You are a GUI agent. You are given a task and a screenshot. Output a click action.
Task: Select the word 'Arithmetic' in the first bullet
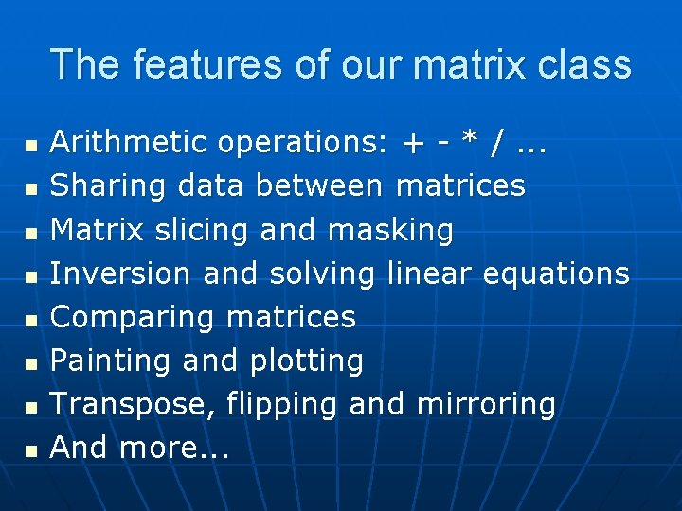click(128, 143)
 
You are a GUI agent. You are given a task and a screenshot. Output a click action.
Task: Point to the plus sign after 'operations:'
click(412, 144)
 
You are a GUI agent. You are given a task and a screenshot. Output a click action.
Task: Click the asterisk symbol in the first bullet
click(468, 142)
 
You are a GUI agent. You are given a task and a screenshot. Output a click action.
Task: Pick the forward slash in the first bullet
click(496, 144)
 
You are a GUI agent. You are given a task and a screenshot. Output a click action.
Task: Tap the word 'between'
click(319, 186)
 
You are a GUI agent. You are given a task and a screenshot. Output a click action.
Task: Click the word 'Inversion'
click(121, 273)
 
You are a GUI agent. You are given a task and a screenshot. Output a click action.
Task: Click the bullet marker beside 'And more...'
click(31, 449)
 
